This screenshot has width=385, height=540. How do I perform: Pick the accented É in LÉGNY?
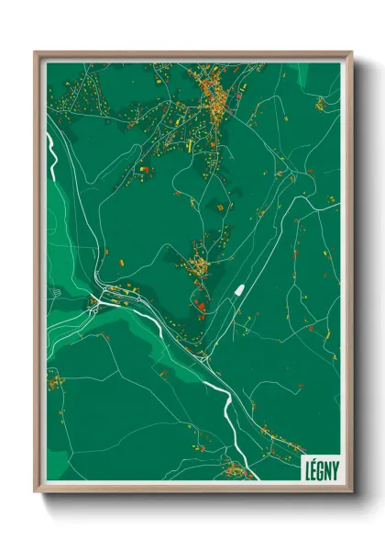(313, 465)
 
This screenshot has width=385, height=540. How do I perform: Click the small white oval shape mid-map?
(238, 291)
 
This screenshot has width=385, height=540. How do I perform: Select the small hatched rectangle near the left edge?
(55, 292)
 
